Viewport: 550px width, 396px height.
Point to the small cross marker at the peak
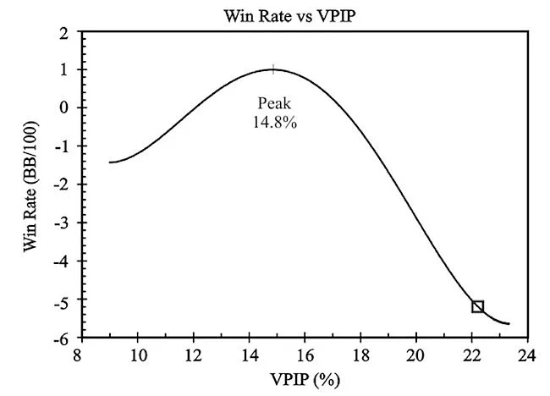point(272,69)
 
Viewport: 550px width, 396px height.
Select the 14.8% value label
point(272,121)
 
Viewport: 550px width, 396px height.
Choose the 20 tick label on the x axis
point(416,354)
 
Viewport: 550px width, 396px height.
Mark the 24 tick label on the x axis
point(527,354)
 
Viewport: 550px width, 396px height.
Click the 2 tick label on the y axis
point(64,32)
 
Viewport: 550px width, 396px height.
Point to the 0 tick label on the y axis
point(64,108)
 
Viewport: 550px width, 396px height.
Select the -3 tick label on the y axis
point(62,223)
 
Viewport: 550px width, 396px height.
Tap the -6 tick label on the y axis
point(62,338)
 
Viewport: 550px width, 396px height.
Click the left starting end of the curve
point(110,162)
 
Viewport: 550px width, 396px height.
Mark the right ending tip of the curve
point(509,323)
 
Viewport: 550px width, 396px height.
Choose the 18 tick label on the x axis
point(360,354)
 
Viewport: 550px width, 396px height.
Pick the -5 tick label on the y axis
point(62,300)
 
